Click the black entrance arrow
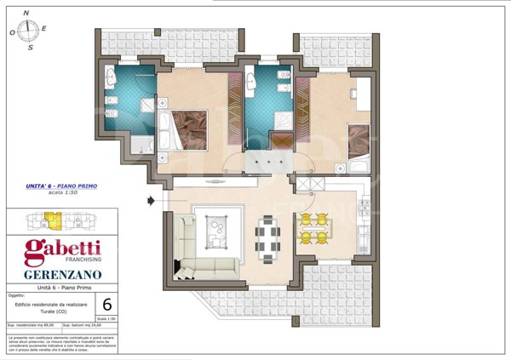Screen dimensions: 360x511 (152, 202)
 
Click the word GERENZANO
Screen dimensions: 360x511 (57, 275)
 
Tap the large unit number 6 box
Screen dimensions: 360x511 (106, 305)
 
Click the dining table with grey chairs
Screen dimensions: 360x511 (268, 238)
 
